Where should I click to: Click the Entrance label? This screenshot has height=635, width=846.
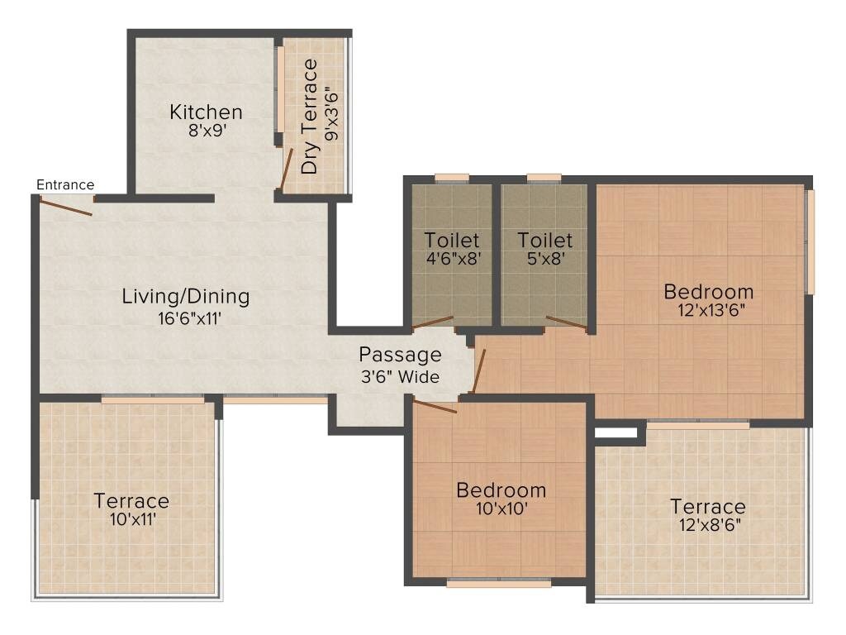coord(65,184)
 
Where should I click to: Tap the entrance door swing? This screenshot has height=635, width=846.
coord(65,208)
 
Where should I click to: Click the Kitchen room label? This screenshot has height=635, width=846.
coord(206,112)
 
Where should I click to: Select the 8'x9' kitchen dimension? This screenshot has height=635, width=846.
coord(206,130)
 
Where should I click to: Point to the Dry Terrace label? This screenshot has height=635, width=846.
coord(309,117)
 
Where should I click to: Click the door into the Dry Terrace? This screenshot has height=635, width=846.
coord(286,169)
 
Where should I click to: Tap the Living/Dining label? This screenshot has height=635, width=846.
coord(186,296)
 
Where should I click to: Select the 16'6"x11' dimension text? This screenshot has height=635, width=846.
coord(186,318)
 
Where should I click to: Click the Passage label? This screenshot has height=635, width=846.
coord(400,355)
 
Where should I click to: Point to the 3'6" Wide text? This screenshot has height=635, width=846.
coord(400,377)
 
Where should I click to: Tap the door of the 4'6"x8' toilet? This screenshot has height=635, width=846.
coord(433,322)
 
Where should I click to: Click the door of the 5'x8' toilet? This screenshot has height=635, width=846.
coord(567,323)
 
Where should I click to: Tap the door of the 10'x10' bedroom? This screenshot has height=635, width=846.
coord(435,406)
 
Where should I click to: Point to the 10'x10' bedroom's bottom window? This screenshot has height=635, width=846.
coord(498,583)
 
